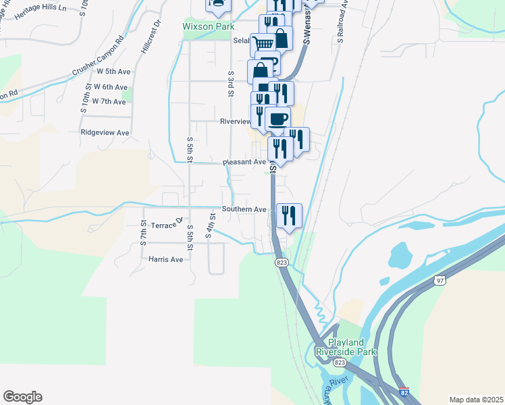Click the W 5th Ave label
113,71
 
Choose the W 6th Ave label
111,87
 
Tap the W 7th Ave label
109,102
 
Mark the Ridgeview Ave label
104,133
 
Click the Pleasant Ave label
244,163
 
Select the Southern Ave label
244,209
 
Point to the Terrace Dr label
167,223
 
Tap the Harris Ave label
162,259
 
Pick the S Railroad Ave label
342,27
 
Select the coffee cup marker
277,119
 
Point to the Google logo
22,397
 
